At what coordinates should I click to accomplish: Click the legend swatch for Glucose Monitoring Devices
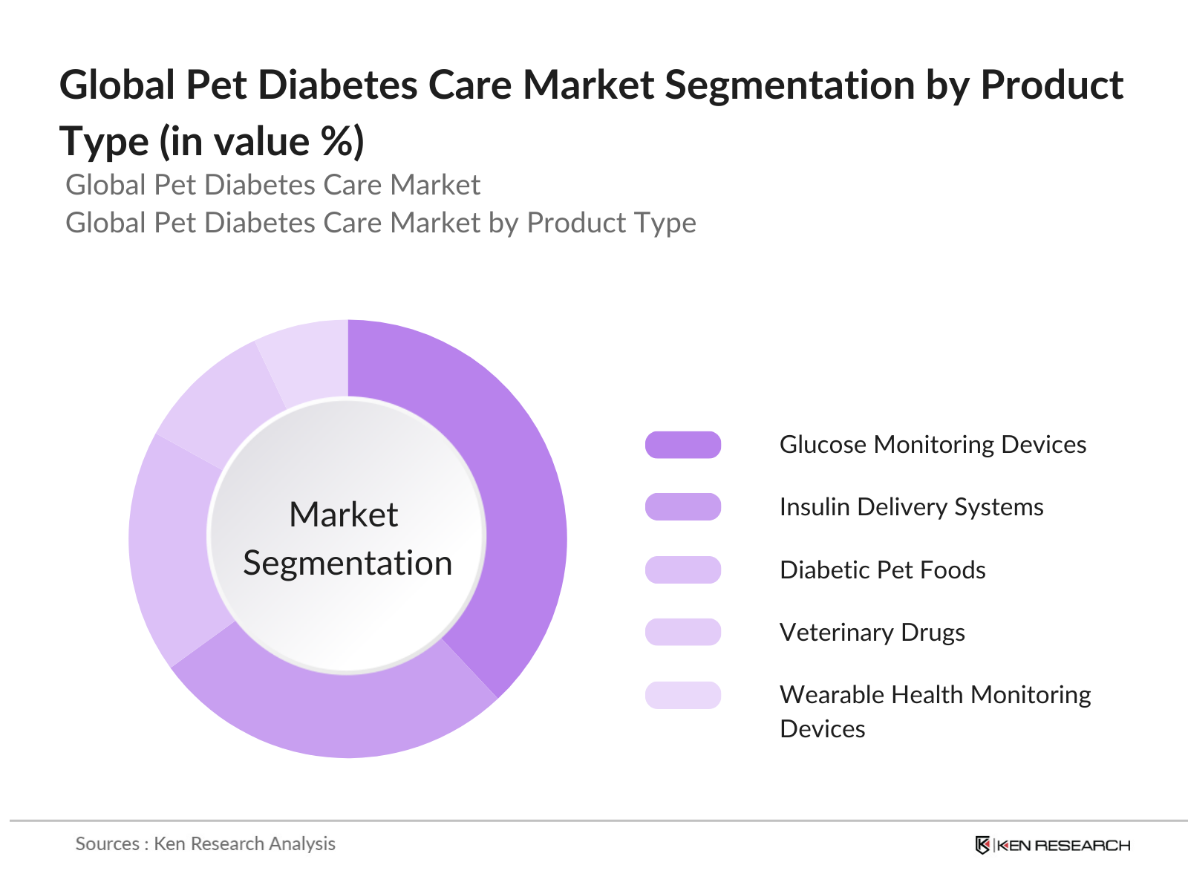point(683,445)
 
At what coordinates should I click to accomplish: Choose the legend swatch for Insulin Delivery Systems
point(683,507)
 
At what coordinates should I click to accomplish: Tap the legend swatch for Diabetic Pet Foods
point(683,569)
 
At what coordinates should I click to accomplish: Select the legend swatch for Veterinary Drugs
point(683,632)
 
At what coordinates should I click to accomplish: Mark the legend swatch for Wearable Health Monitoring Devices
point(683,695)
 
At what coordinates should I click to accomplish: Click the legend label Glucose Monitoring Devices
point(933,445)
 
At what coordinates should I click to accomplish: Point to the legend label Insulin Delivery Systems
point(911,507)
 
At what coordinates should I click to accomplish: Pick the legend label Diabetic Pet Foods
point(882,570)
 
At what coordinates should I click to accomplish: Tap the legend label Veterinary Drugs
point(872,633)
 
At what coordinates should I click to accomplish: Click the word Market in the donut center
point(344,515)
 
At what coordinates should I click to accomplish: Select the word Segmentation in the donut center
point(347,563)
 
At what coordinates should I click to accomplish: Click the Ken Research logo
point(1052,845)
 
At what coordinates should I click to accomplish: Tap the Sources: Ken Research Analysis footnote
point(206,844)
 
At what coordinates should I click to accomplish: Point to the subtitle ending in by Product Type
point(381,223)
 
